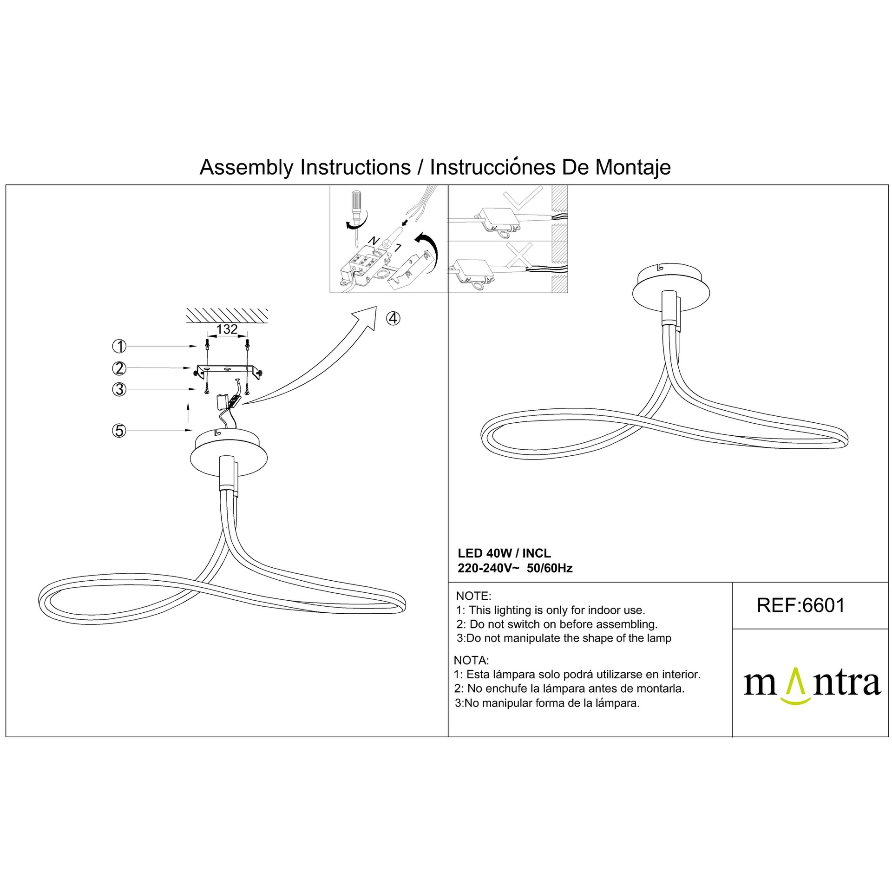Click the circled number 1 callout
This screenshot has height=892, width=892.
[119, 346]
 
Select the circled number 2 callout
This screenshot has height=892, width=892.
[119, 368]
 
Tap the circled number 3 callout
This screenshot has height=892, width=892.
[119, 389]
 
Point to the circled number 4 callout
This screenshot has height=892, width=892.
[393, 319]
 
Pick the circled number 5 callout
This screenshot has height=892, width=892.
[119, 431]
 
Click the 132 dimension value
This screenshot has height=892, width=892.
[227, 329]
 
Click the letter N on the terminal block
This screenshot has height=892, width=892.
[373, 241]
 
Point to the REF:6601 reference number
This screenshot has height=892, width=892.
[801, 605]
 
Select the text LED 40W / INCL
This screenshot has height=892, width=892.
[504, 553]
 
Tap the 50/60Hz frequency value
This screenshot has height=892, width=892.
[550, 568]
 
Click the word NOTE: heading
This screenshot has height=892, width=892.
[473, 596]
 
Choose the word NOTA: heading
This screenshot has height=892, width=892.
[471, 660]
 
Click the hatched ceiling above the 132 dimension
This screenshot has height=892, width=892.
[227, 315]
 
